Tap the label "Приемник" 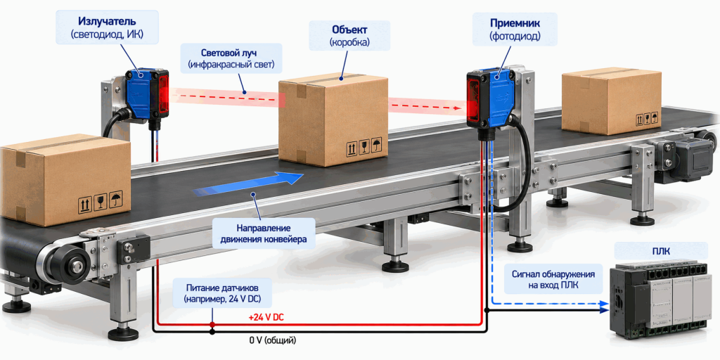[514, 22]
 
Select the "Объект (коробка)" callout [349, 35]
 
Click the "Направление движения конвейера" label [264, 233]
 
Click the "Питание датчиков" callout [222, 293]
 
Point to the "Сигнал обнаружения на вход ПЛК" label [553, 279]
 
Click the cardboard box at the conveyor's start [65, 179]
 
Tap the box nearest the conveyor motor [611, 101]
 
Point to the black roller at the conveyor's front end [69, 264]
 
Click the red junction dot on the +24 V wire [212, 325]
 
